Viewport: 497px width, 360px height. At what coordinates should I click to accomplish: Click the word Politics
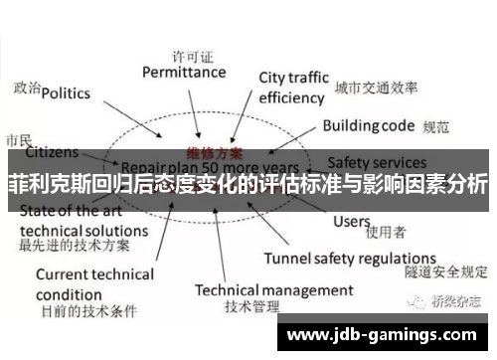click(x=66, y=93)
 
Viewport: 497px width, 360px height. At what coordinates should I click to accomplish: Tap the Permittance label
click(x=184, y=72)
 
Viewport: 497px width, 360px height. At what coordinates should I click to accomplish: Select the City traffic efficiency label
click(x=291, y=88)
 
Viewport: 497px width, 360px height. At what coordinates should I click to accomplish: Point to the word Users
click(x=351, y=221)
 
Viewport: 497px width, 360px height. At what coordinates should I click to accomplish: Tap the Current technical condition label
click(x=94, y=283)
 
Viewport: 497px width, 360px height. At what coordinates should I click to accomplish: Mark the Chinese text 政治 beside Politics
click(x=27, y=89)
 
